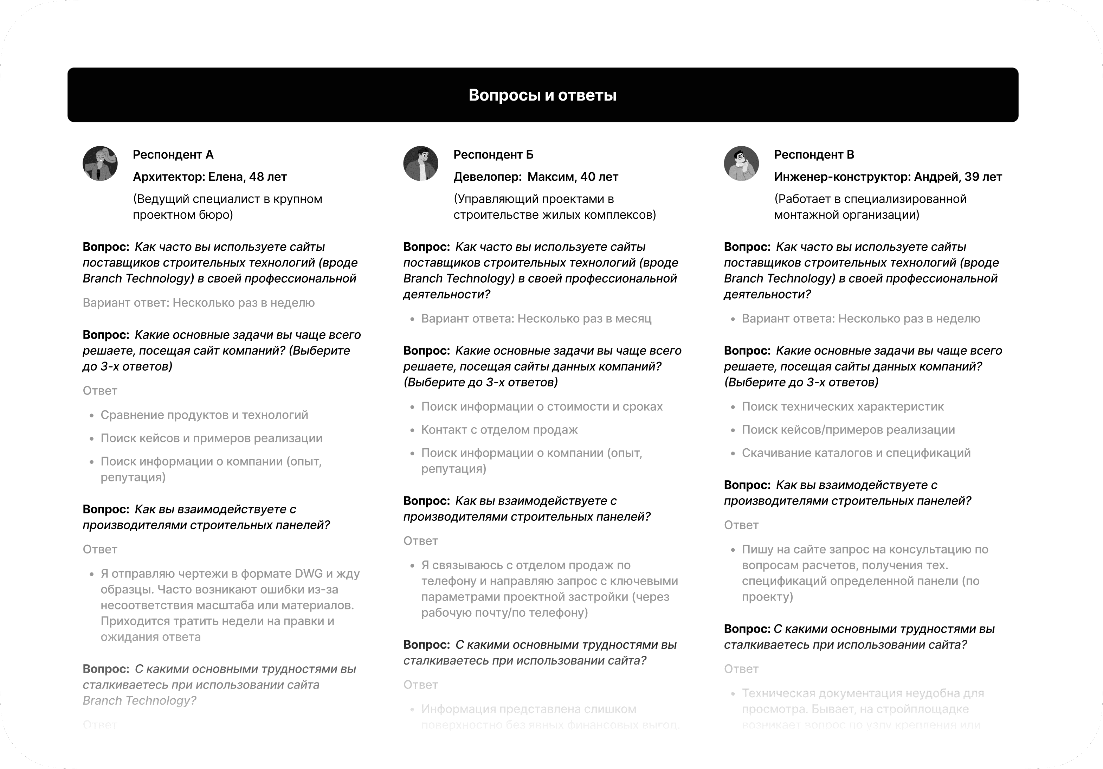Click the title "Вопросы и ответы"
(542, 95)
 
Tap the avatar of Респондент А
(100, 164)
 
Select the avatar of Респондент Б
(420, 164)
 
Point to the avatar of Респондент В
(741, 164)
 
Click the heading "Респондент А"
(173, 155)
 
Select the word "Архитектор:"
(169, 177)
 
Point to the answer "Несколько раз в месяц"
(584, 319)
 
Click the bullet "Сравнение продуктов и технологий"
(204, 415)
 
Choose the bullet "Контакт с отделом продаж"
(499, 430)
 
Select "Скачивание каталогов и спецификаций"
(856, 453)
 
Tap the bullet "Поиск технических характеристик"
(843, 406)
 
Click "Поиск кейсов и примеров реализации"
(211, 438)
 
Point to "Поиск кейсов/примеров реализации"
(848, 430)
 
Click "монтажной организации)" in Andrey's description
(846, 215)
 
